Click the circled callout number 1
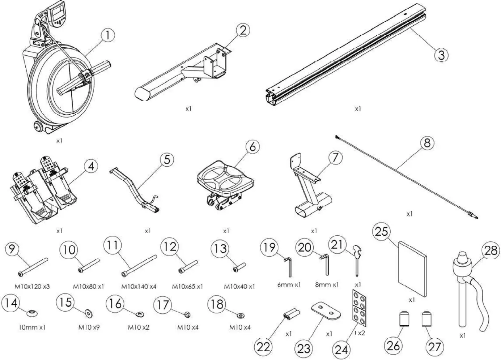click(x=107, y=35)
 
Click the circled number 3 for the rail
click(x=441, y=55)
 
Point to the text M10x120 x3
click(x=32, y=286)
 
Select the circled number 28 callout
click(x=491, y=250)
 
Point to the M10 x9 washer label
click(x=89, y=327)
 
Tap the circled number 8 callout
click(x=427, y=143)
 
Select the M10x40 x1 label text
click(x=239, y=286)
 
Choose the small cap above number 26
click(x=403, y=319)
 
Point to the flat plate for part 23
click(x=326, y=310)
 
